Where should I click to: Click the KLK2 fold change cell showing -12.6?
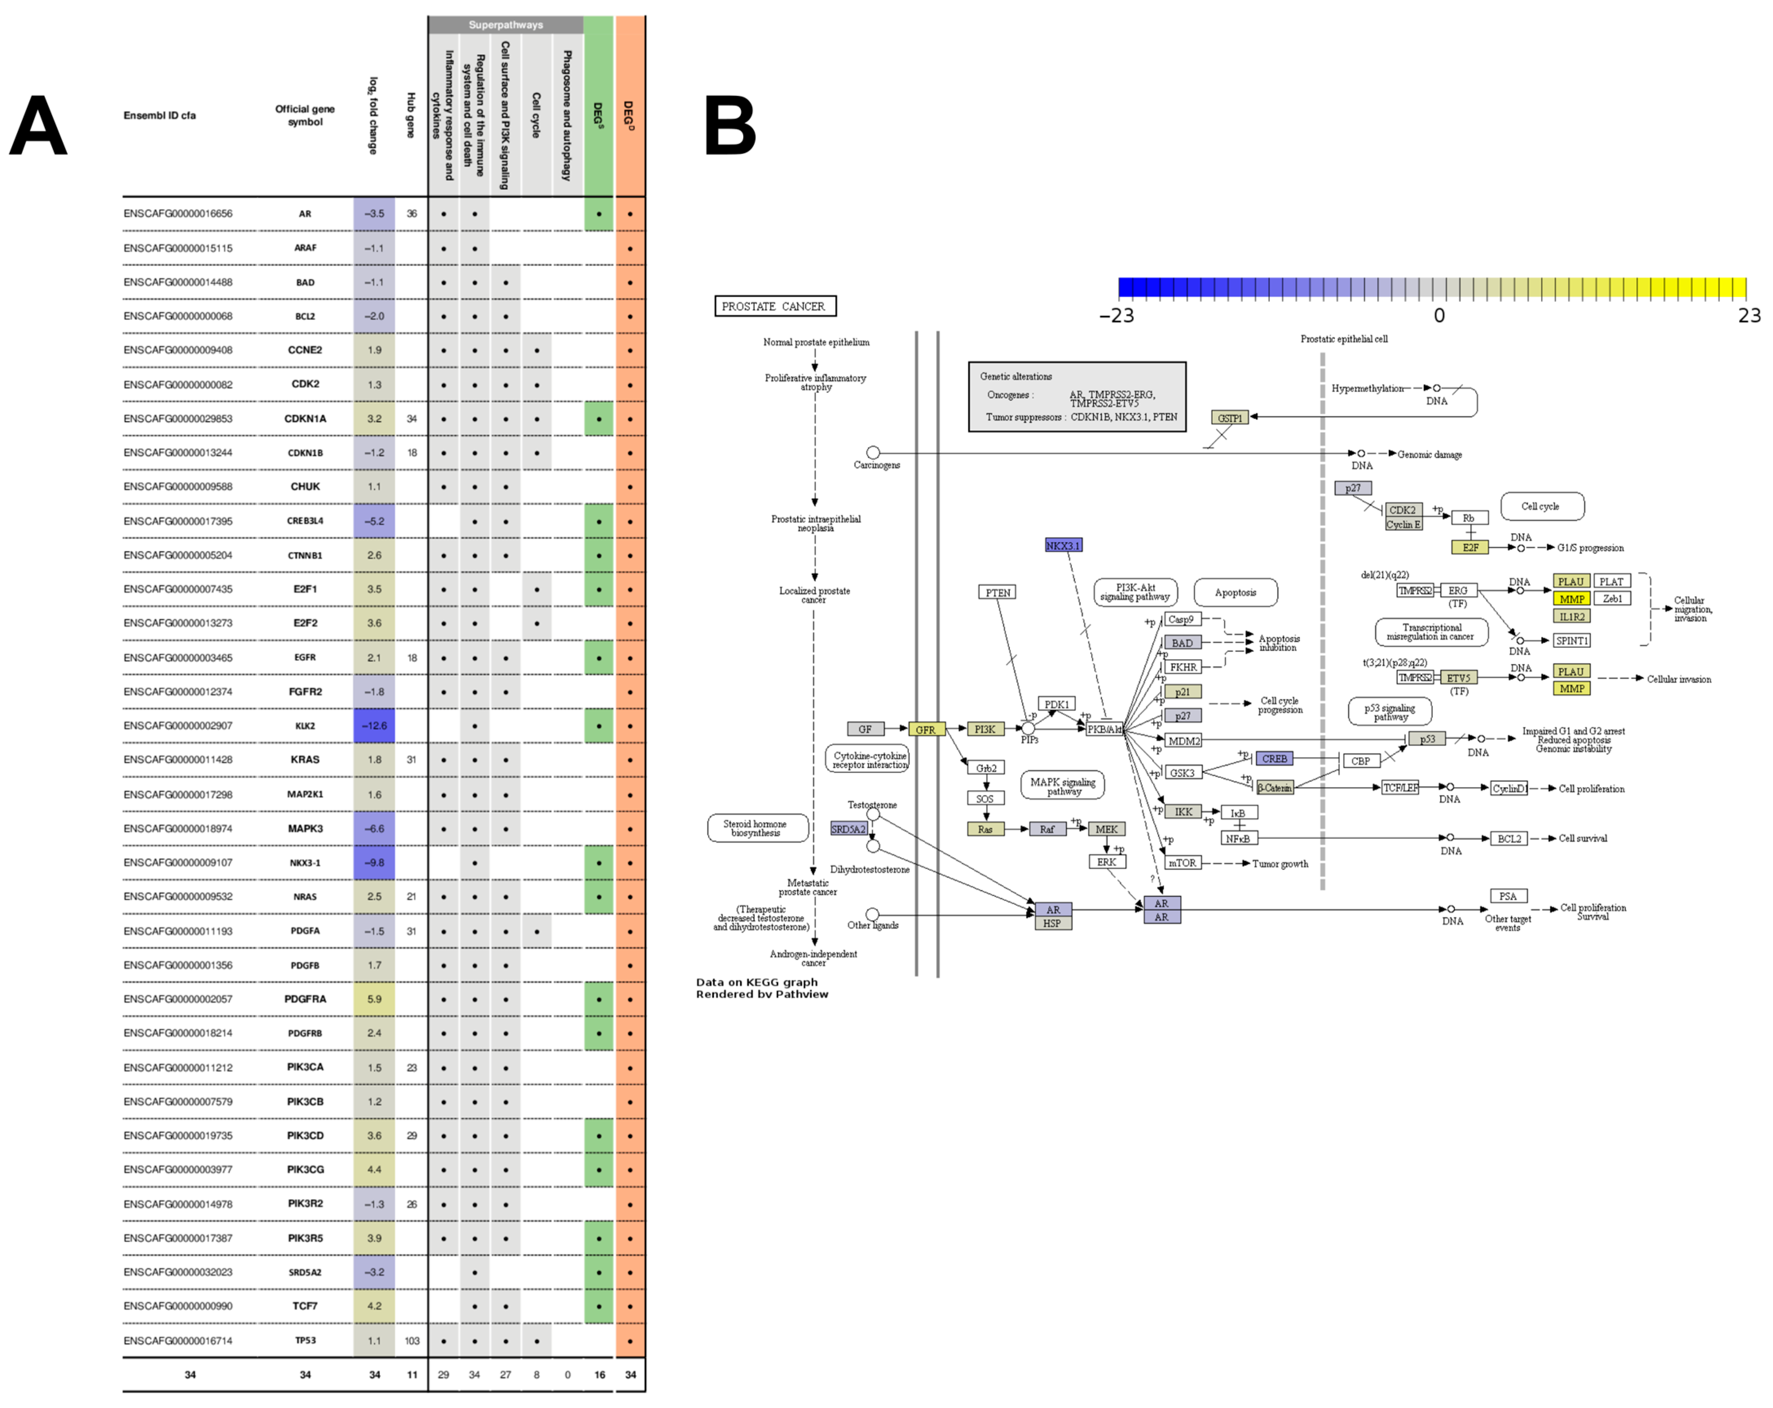pyautogui.click(x=374, y=726)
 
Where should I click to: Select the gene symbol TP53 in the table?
pyautogui.click(x=305, y=1341)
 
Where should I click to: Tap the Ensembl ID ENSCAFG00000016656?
pyautogui.click(x=178, y=214)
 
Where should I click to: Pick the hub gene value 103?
pyautogui.click(x=412, y=1341)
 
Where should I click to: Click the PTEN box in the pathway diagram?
pyautogui.click(x=998, y=593)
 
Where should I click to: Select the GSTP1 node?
pyautogui.click(x=1229, y=418)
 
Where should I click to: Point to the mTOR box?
pyautogui.click(x=1183, y=863)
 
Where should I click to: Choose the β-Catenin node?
pyautogui.click(x=1275, y=788)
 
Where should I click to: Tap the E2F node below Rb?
pyautogui.click(x=1469, y=548)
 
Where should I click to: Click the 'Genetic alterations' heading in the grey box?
pyautogui.click(x=1015, y=376)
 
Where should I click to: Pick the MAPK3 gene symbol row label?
pyautogui.click(x=305, y=829)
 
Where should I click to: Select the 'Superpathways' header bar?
pyautogui.click(x=506, y=25)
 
